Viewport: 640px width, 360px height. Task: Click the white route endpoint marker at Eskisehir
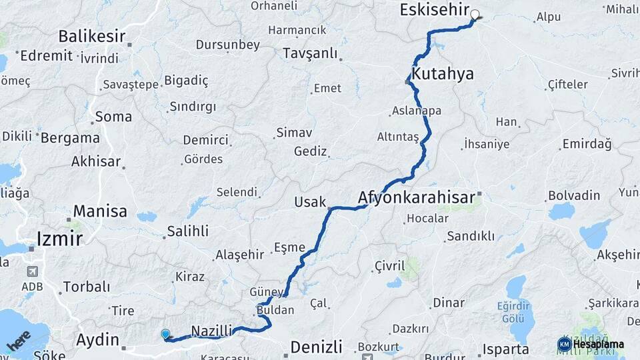point(475,14)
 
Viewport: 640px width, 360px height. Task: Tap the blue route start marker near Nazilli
point(165,334)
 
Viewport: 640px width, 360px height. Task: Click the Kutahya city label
point(443,74)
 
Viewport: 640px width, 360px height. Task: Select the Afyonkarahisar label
point(416,197)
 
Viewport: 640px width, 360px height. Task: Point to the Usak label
point(311,202)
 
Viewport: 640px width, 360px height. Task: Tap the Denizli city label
point(317,347)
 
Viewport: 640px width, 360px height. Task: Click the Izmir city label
point(60,239)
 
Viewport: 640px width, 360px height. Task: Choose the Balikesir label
point(92,36)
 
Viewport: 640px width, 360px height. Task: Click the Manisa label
point(100,211)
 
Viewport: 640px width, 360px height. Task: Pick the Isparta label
point(506,349)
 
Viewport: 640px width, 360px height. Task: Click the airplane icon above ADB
point(32,272)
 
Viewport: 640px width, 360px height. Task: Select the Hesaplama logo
point(591,344)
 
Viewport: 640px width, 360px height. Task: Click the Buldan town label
point(275,311)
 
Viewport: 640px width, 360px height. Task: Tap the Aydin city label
point(97,339)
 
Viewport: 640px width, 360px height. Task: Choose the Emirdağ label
point(587,143)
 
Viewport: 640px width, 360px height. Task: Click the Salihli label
point(188,231)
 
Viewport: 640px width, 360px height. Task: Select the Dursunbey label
point(227,45)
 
